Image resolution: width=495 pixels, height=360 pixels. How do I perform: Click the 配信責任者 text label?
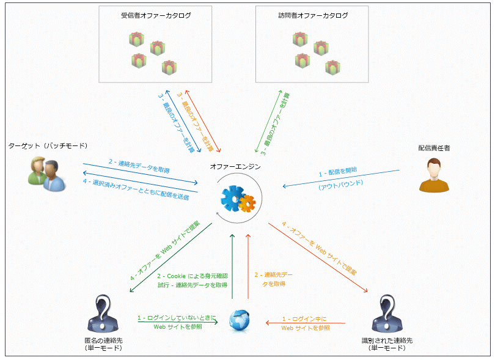(434, 148)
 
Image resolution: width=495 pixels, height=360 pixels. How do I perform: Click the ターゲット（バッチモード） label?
(48, 146)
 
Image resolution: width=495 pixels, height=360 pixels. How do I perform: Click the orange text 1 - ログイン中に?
(306, 319)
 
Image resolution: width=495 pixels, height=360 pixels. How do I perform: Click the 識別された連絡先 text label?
(387, 340)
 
